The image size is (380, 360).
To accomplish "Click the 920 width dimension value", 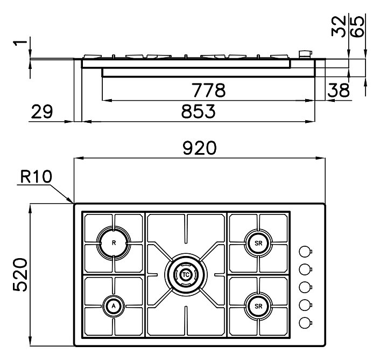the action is point(200,148).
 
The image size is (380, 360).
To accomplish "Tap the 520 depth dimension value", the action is point(20,274).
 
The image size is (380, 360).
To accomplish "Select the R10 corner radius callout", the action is point(36,176).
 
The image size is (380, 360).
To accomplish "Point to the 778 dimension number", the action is point(208,90).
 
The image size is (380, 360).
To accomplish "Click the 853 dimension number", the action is point(198,112).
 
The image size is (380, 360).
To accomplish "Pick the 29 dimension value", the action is point(41,112).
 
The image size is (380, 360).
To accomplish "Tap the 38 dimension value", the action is point(339,90).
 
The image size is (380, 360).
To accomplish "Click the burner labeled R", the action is point(114,243).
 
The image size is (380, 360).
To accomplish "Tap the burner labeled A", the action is point(114,306).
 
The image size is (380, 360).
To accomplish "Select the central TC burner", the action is point(186,275).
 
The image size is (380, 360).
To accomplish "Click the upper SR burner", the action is point(258,243).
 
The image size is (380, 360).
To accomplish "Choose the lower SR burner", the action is point(258,306).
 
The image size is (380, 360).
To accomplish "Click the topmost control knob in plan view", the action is point(305,252).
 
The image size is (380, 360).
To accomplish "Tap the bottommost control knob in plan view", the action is point(305,323).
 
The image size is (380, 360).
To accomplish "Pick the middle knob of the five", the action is point(305,287).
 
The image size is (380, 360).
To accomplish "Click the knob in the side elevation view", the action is point(306,54).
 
